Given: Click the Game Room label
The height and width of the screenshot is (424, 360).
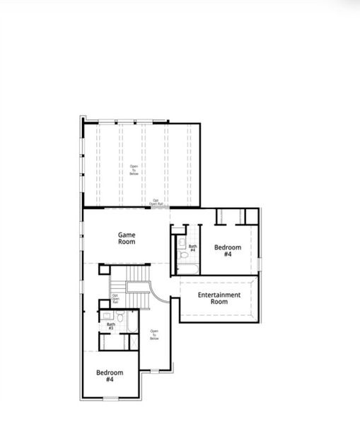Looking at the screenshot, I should click(x=127, y=238).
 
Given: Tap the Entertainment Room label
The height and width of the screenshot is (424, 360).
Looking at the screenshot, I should click(x=219, y=298).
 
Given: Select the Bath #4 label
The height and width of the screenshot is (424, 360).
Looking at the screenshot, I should click(x=192, y=248).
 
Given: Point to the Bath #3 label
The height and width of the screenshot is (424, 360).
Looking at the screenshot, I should click(x=110, y=326).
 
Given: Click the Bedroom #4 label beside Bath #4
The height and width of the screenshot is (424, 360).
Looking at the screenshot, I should click(x=228, y=251).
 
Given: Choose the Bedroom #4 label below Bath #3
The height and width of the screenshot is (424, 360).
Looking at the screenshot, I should click(x=110, y=376).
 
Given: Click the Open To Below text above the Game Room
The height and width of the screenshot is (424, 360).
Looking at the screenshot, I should click(x=134, y=170).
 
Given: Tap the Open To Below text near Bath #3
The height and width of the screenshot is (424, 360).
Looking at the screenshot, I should click(x=154, y=334).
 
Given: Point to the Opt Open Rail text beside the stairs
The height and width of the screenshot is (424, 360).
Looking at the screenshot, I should click(x=115, y=298).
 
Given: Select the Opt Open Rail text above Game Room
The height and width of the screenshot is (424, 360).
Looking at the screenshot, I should click(x=156, y=202).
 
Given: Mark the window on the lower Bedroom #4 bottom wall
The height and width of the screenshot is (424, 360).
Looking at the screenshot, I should click(x=111, y=398).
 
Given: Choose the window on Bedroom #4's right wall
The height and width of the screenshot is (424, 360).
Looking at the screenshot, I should click(x=260, y=264).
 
